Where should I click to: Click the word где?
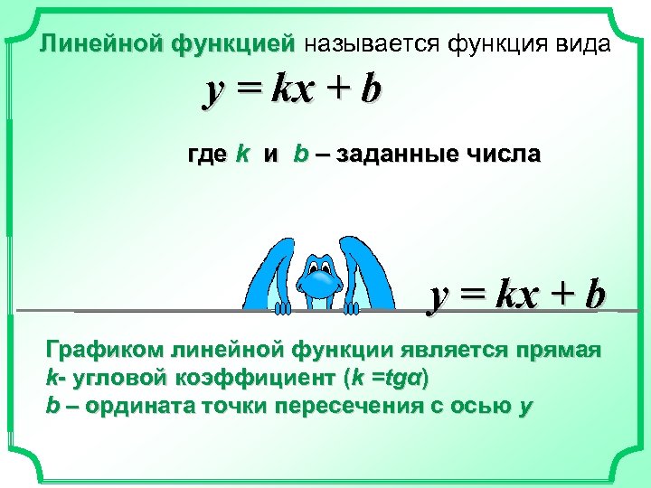[206, 155]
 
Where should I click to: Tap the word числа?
[505, 155]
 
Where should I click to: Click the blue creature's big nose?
[320, 287]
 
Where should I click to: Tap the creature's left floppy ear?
[269, 271]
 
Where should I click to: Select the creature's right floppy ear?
[380, 271]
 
